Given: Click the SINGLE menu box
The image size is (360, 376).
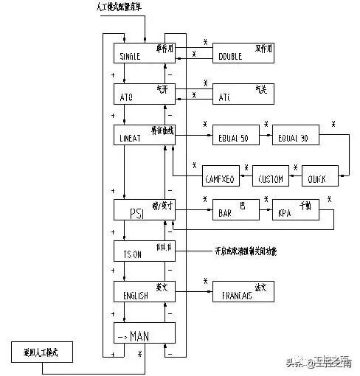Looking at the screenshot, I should (x=143, y=52).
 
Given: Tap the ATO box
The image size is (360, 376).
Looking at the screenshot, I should (x=143, y=94).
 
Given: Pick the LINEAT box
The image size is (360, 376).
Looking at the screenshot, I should (x=143, y=135).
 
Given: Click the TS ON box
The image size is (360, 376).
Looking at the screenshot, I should (x=143, y=251).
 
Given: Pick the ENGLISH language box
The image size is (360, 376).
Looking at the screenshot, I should (x=143, y=291).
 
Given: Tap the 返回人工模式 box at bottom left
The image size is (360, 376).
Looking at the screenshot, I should (x=45, y=352).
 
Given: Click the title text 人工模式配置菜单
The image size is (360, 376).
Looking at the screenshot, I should (x=123, y=7).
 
